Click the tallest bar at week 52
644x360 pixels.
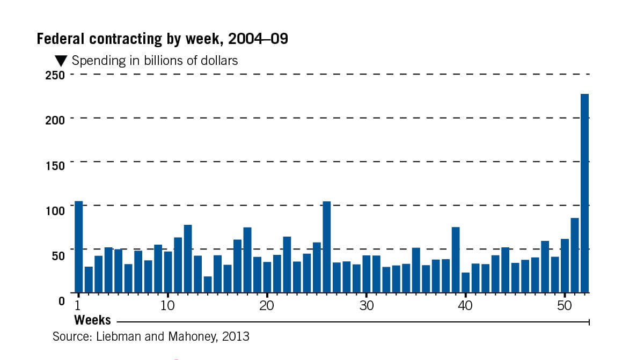coord(584,193)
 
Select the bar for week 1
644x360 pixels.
coord(79,247)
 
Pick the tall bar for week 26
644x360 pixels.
coord(326,247)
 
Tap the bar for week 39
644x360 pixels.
coord(456,260)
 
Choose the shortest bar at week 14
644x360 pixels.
coord(208,284)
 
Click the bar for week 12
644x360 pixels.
coord(188,259)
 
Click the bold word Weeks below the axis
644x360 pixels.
coord(92,320)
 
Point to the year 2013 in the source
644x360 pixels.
coord(237,337)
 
